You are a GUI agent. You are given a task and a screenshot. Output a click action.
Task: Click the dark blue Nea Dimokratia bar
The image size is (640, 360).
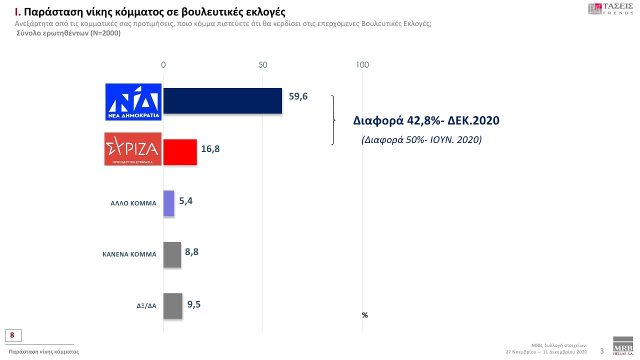222,100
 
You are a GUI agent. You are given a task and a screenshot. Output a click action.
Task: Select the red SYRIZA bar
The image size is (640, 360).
180,152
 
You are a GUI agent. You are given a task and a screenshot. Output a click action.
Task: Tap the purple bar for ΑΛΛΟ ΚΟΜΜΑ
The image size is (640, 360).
169,203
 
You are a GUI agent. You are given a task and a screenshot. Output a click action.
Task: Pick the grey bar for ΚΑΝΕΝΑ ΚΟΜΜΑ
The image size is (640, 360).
172,254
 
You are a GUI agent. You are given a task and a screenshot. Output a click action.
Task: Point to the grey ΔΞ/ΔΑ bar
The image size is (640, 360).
172,305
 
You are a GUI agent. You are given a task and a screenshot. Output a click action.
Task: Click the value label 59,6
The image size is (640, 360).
298,96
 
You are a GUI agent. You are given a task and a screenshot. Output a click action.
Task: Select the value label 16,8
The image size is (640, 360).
211,148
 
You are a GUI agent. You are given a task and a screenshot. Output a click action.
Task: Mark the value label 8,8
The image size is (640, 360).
192,252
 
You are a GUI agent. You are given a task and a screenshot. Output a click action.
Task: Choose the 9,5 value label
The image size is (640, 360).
194,303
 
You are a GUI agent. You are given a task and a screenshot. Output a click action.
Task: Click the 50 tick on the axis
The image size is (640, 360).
263,65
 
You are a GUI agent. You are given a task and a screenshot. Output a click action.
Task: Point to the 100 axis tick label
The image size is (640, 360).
362,65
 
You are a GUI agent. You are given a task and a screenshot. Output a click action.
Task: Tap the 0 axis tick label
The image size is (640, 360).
163,65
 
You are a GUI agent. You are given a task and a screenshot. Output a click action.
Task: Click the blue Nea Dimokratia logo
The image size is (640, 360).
133,101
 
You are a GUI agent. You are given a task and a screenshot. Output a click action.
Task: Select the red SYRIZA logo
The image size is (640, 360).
133,149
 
